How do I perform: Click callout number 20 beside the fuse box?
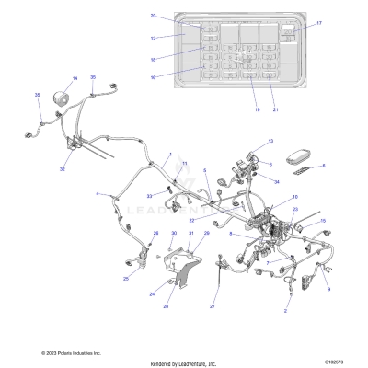[x=154, y=16]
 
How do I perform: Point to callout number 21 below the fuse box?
[x=274, y=110]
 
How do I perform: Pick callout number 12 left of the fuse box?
[x=154, y=38]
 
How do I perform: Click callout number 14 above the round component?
[x=75, y=78]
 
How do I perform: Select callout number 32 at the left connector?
[x=63, y=169]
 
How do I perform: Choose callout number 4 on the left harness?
[x=98, y=194]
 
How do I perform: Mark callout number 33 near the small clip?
[x=150, y=196]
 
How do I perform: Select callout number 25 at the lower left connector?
[x=125, y=278]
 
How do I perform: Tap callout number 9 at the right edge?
[x=328, y=289]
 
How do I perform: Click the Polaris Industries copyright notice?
[x=71, y=352]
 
